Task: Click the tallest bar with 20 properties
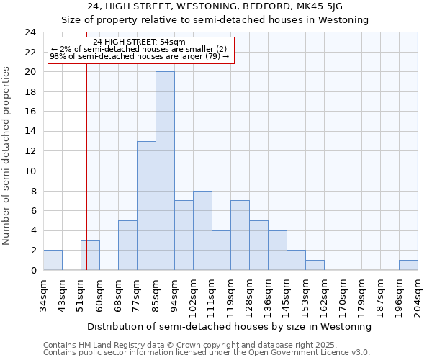165,171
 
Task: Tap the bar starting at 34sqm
53,260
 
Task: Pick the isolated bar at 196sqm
408,265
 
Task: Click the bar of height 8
202,230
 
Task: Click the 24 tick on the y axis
30,32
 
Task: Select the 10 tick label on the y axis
30,171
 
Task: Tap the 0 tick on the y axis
33,270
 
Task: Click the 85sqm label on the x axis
156,294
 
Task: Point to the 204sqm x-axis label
418,296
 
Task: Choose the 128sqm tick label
250,296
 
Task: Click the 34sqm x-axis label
44,294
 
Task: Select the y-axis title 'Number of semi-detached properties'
7,155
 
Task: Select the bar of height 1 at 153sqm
315,265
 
